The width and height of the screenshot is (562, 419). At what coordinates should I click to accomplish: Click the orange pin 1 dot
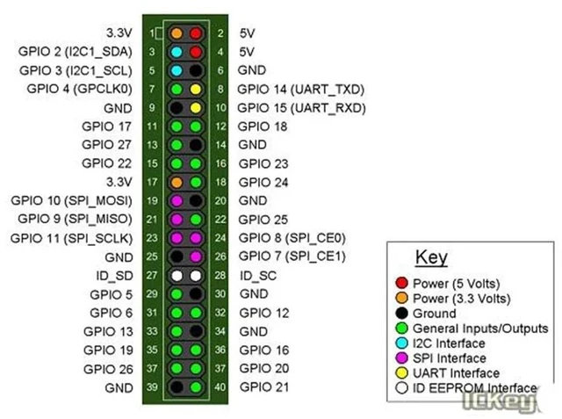point(177,33)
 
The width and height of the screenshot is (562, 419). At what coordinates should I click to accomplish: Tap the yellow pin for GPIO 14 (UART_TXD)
point(195,90)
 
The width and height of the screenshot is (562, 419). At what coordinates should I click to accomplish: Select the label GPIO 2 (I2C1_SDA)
point(76,52)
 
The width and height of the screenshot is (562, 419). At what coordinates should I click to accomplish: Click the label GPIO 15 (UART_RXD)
point(301,108)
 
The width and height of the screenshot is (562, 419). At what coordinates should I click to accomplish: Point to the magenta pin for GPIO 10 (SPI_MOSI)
point(177,201)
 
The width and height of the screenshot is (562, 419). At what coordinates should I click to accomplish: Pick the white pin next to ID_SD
point(177,276)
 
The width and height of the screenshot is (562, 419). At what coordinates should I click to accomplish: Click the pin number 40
point(220,387)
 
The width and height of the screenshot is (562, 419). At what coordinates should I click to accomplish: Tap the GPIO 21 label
point(264,387)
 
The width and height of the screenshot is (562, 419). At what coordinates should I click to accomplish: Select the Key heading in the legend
point(431,257)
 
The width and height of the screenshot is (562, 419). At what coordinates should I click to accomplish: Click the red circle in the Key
point(402,283)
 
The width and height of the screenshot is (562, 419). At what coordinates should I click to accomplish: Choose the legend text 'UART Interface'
point(457,373)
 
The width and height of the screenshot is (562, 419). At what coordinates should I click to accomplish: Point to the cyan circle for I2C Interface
point(402,343)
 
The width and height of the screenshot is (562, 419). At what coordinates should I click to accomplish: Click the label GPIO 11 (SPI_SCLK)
point(72,238)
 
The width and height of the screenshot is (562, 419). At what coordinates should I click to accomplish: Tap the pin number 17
point(152,182)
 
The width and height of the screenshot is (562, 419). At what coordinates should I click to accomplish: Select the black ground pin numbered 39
point(177,387)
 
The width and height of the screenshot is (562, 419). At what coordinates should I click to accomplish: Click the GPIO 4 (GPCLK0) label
point(80,89)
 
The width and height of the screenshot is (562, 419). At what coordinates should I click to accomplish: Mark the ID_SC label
point(258,276)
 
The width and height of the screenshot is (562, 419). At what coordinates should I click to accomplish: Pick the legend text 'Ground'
point(435,314)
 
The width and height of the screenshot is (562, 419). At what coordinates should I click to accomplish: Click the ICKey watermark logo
point(500,401)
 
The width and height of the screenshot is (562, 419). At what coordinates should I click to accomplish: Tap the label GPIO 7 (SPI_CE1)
point(292,256)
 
